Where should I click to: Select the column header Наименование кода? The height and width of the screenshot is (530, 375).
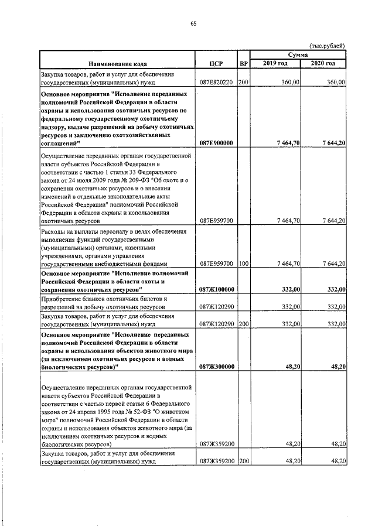tap(118, 63)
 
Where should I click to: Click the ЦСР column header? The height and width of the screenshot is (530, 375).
tap(216, 63)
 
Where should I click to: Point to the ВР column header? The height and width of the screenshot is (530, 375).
tap(244, 63)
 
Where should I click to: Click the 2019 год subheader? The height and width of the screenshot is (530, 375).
tap(275, 63)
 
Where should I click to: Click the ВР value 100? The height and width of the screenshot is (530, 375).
tap(244, 264)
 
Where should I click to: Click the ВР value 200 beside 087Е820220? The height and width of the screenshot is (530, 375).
tap(244, 83)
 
